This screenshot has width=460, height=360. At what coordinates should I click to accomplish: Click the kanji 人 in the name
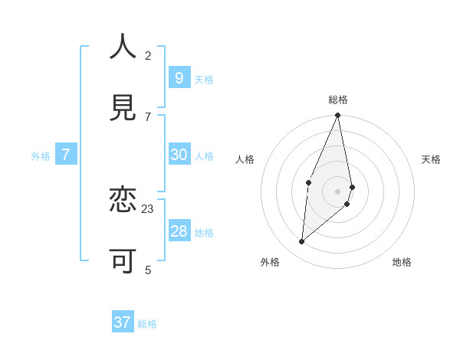pyautogui.click(x=123, y=47)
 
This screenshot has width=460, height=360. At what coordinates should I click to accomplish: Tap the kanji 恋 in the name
pyautogui.click(x=123, y=200)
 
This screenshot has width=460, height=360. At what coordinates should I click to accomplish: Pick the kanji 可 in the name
pyautogui.click(x=123, y=261)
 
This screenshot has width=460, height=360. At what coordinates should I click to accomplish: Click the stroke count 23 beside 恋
pyautogui.click(x=148, y=208)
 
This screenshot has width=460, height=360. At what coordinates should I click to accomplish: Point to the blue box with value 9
pyautogui.click(x=179, y=78)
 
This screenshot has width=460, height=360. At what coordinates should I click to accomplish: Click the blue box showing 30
pyautogui.click(x=179, y=155)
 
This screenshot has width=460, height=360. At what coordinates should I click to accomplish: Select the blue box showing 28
pyautogui.click(x=179, y=231)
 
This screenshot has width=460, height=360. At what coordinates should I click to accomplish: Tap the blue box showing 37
pyautogui.click(x=123, y=322)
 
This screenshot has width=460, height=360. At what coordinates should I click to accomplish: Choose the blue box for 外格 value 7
pyautogui.click(x=66, y=155)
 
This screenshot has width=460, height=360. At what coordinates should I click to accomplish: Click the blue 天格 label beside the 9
pyautogui.click(x=204, y=80)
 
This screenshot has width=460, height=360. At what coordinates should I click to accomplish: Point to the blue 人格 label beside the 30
pyautogui.click(x=204, y=156)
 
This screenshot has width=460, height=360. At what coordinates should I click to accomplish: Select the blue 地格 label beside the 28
pyautogui.click(x=204, y=233)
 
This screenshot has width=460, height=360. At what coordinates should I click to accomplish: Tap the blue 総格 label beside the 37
pyautogui.click(x=147, y=324)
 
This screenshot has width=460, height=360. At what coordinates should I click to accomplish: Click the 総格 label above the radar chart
pyautogui.click(x=338, y=100)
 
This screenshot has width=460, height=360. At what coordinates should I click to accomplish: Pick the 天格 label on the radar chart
pyautogui.click(x=431, y=159)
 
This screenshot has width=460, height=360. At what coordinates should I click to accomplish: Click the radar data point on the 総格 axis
pyautogui.click(x=338, y=116)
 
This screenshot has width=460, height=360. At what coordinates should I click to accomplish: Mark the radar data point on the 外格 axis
pyautogui.click(x=302, y=242)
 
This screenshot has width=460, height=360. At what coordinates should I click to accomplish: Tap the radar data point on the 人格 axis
pyautogui.click(x=308, y=182)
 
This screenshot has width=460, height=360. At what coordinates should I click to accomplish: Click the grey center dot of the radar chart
pyautogui.click(x=338, y=191)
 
